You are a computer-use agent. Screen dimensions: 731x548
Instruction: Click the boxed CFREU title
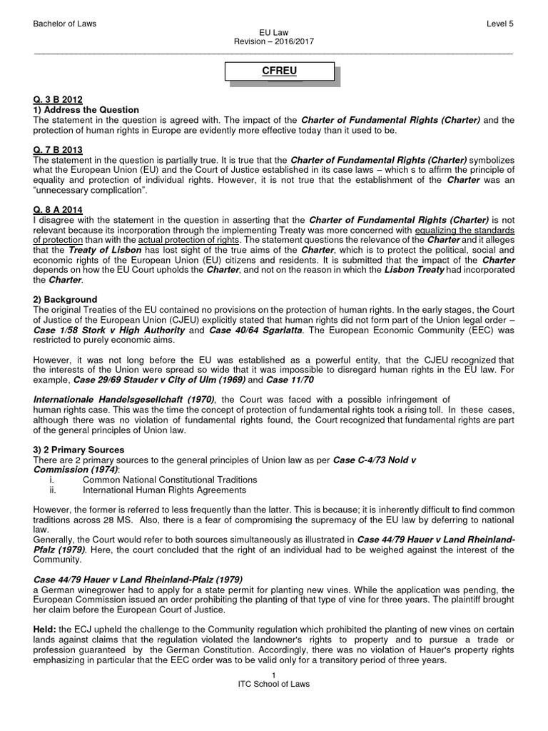click(x=280, y=72)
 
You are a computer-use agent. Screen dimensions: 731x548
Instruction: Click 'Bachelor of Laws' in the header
click(x=65, y=24)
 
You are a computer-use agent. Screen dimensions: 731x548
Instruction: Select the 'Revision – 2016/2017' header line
click(x=274, y=42)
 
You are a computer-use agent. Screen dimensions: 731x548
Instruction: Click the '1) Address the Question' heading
click(x=86, y=110)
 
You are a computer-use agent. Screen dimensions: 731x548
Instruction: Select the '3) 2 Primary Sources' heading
click(x=79, y=450)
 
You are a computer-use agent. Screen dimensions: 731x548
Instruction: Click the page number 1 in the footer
click(x=274, y=675)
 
